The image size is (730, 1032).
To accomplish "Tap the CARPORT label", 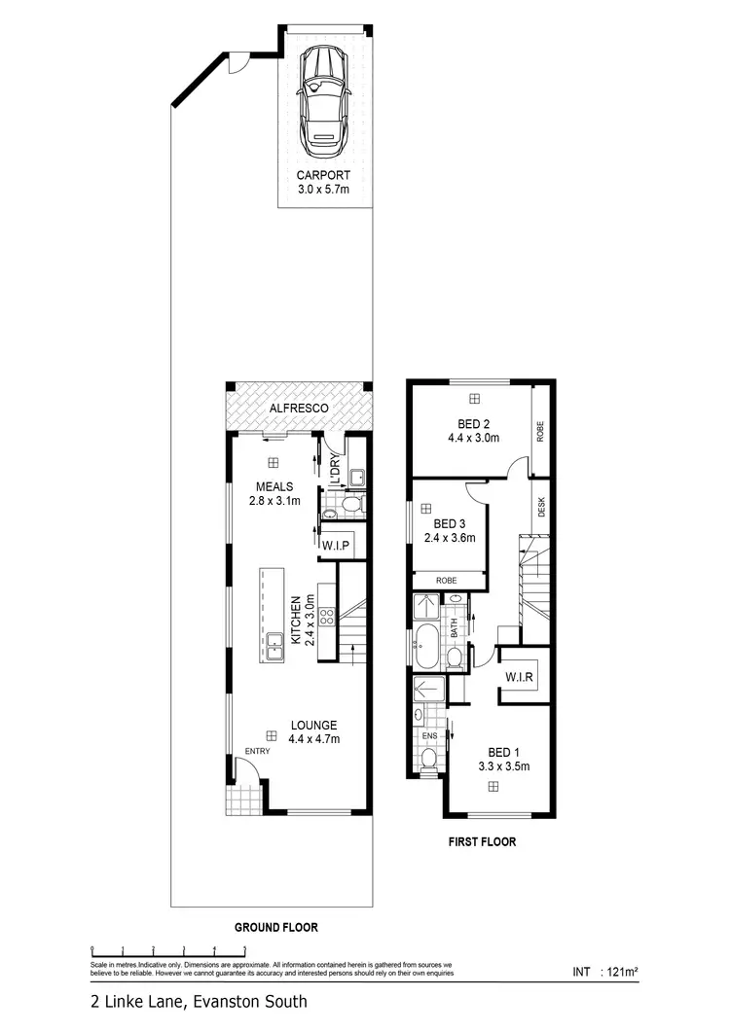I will pyautogui.click(x=323, y=176).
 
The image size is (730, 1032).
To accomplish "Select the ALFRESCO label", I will pyautogui.click(x=299, y=408).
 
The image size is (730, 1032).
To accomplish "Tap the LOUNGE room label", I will pyautogui.click(x=312, y=726).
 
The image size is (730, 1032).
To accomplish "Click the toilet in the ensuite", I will pyautogui.click(x=428, y=759).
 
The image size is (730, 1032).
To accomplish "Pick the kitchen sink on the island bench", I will pyautogui.click(x=275, y=641).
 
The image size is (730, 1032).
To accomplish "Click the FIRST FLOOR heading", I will pyautogui.click(x=483, y=842).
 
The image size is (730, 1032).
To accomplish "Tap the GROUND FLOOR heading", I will pyautogui.click(x=276, y=927).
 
